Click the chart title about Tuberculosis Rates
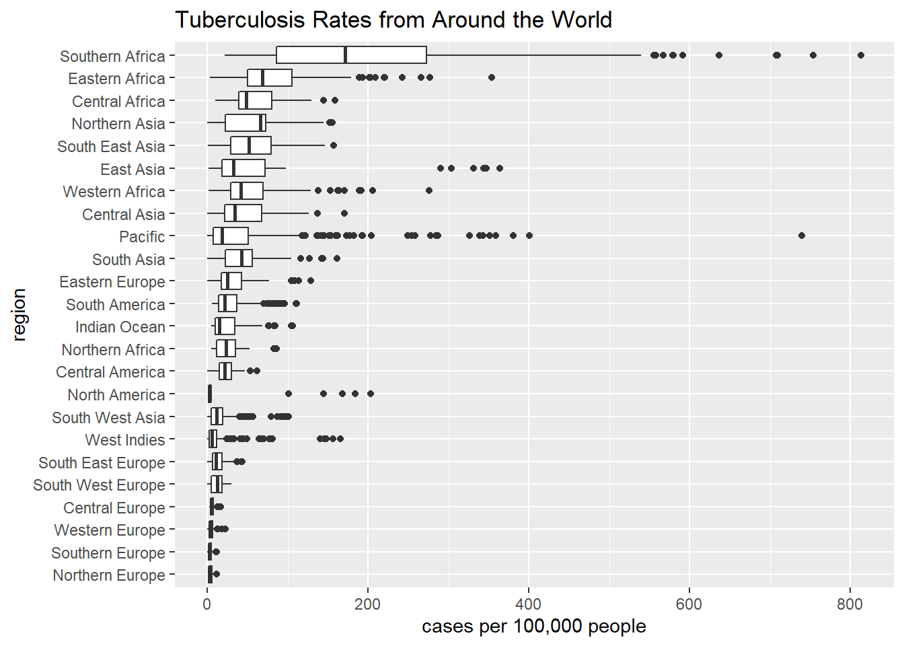pos(393,20)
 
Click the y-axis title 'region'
pos(20,315)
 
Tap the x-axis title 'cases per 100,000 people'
pos(533,626)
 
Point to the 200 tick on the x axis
pos(367,604)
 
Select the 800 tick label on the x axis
pos(850,604)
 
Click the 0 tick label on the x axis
pos(206,604)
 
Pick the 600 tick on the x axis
pos(689,604)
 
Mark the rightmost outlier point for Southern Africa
pos(861,55)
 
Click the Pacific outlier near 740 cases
pos(801,236)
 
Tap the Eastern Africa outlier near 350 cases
pos(492,77)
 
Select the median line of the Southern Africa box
pos(345,55)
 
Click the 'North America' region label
pos(116,395)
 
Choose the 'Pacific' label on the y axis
pos(142,237)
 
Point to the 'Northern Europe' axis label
pos(109,575)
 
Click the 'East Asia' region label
pos(133,169)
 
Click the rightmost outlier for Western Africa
pos(429,190)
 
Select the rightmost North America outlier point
pos(371,394)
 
